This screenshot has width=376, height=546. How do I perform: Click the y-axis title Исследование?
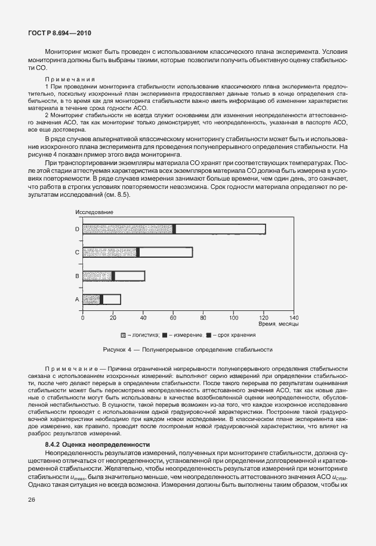[x=94, y=212]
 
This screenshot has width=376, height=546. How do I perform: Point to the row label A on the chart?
[x=77, y=299]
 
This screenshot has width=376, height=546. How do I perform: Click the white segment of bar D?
[x=221, y=229]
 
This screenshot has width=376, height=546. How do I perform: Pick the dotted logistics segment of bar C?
[x=110, y=252]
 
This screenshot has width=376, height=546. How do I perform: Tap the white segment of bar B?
[x=130, y=276]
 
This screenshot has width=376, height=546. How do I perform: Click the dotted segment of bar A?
[x=91, y=299]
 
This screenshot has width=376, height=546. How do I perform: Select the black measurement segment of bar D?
[x=174, y=229]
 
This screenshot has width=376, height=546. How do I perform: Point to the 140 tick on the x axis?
[x=294, y=317]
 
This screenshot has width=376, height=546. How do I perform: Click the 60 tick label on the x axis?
[x=173, y=317]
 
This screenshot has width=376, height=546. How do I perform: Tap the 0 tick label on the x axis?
[x=83, y=317]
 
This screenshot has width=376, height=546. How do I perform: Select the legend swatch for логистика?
[x=124, y=335]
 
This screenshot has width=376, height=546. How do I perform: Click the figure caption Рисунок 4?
[x=188, y=349]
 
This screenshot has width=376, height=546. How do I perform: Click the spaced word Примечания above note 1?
[x=70, y=80]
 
